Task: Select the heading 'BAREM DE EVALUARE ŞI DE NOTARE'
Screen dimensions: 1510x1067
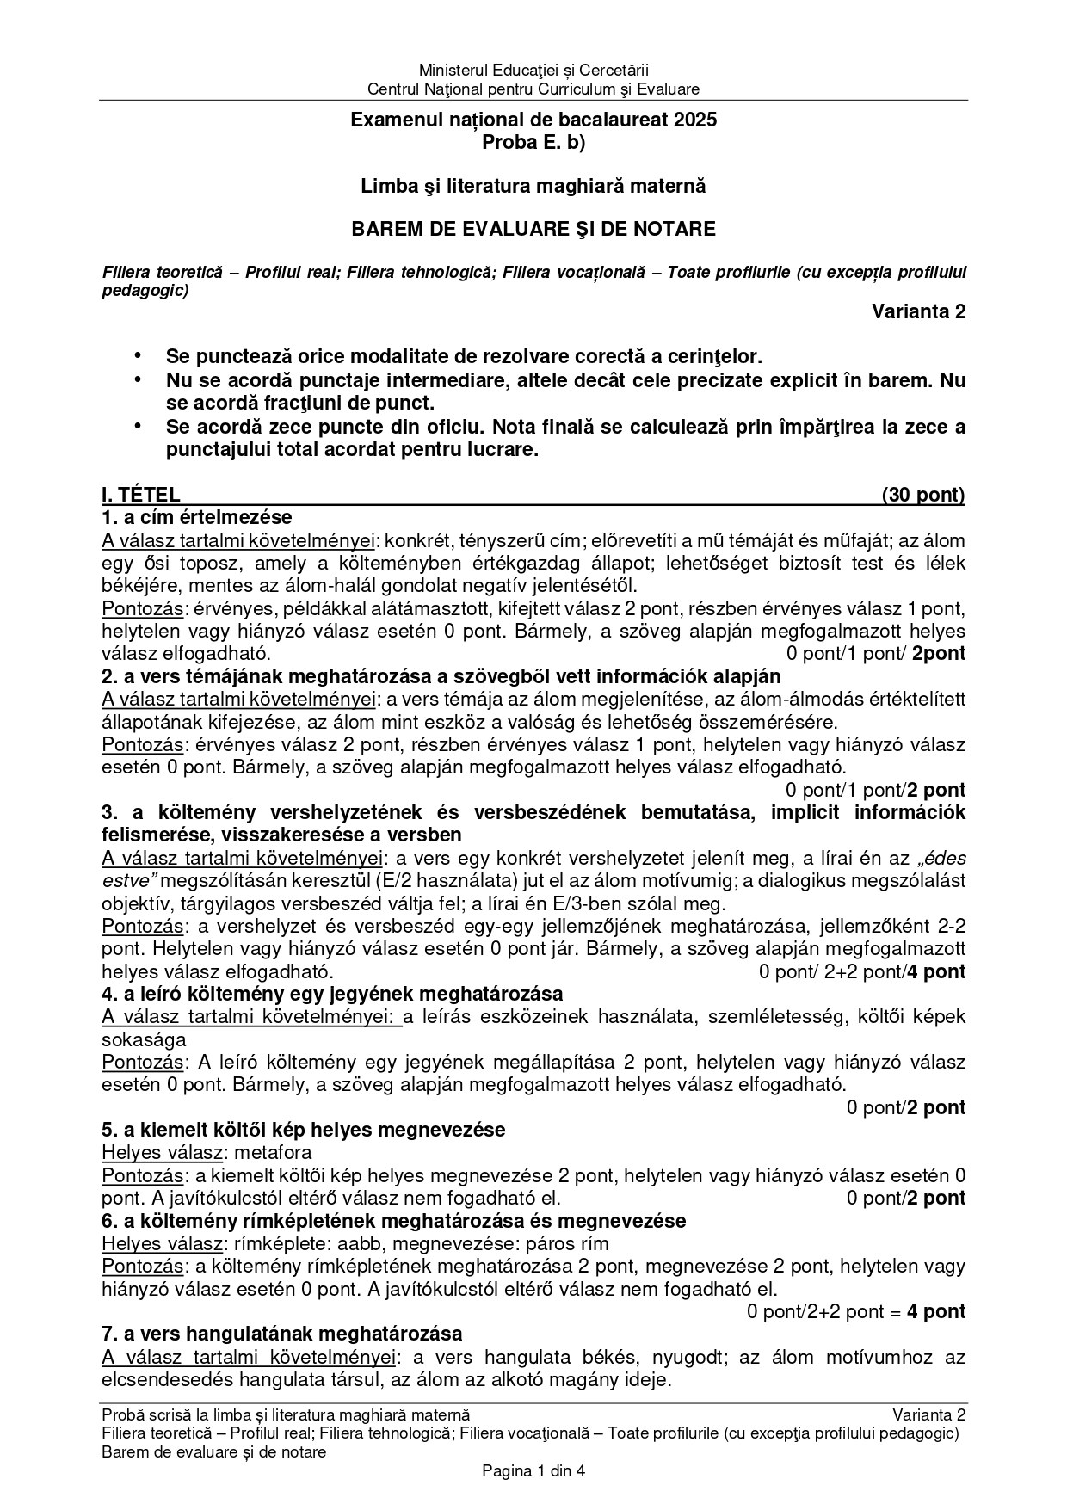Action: point(533,229)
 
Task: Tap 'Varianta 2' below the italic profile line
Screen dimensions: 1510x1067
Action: point(918,311)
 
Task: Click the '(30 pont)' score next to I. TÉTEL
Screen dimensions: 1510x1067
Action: point(922,495)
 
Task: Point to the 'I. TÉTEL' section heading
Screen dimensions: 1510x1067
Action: point(141,495)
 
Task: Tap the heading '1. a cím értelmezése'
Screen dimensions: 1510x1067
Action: point(197,518)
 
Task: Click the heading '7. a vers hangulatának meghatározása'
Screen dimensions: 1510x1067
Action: point(282,1334)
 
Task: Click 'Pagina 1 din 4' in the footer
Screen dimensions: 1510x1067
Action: point(533,1470)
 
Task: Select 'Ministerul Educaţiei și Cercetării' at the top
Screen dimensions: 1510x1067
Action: point(533,70)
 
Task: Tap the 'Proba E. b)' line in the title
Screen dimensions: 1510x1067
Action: point(533,143)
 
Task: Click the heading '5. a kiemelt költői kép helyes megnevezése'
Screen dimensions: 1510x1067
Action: point(303,1130)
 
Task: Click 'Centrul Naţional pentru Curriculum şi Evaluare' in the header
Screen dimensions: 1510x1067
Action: point(533,89)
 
